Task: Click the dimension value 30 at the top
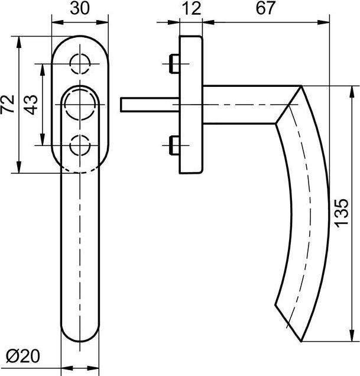80,8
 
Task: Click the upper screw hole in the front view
80,64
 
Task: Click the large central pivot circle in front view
80,104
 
